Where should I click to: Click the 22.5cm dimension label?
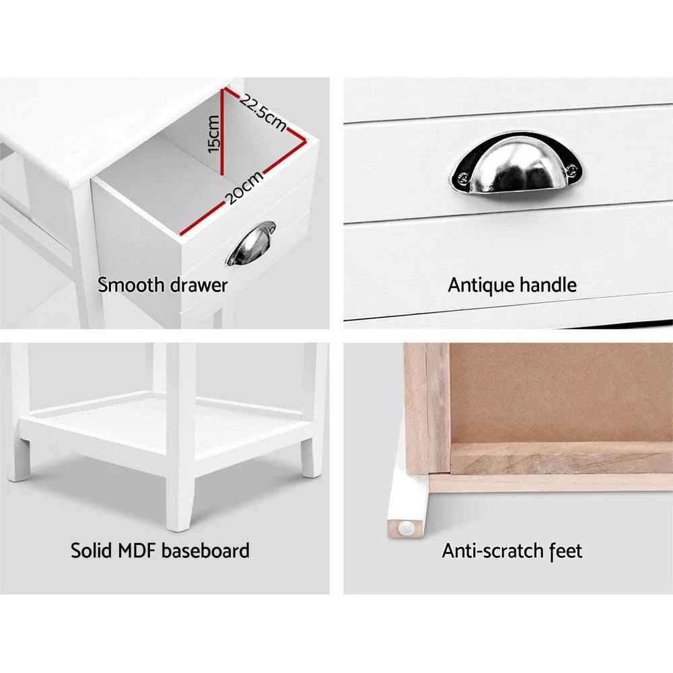(262, 112)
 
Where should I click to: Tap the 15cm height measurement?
(213, 134)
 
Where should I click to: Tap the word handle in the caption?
(548, 285)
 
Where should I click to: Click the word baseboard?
(205, 551)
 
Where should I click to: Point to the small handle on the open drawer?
(251, 244)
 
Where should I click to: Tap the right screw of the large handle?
(571, 171)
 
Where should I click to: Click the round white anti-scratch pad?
(406, 528)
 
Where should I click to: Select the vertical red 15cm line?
(222, 132)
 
